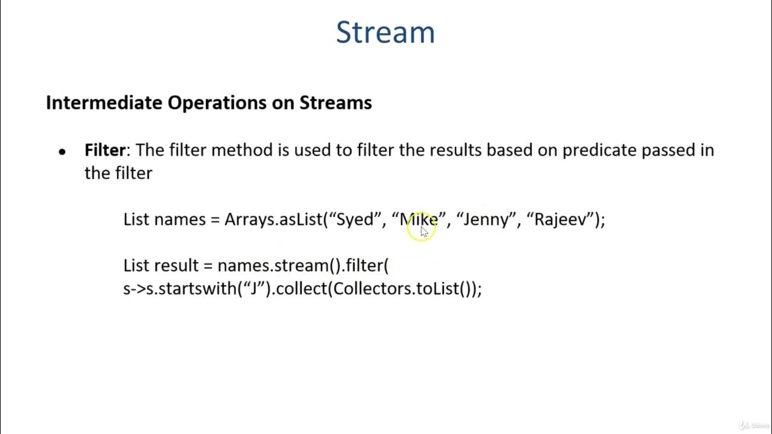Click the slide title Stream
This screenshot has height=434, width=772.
pos(385,32)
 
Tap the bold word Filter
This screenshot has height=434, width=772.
pos(105,150)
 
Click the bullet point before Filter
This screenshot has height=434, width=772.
pos(62,152)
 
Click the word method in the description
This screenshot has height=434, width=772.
pos(242,150)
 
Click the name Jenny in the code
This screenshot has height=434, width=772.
pos(486,219)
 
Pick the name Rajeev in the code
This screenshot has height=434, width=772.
pos(560,219)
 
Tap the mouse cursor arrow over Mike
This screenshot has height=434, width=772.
pos(423,231)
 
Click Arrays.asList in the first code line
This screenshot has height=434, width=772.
pos(273,219)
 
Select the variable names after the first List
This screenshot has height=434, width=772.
pos(180,219)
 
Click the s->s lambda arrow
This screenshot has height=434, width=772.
pos(134,289)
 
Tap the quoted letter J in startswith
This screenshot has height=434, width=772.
pos(254,289)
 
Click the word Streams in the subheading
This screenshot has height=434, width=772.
pos(335,102)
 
